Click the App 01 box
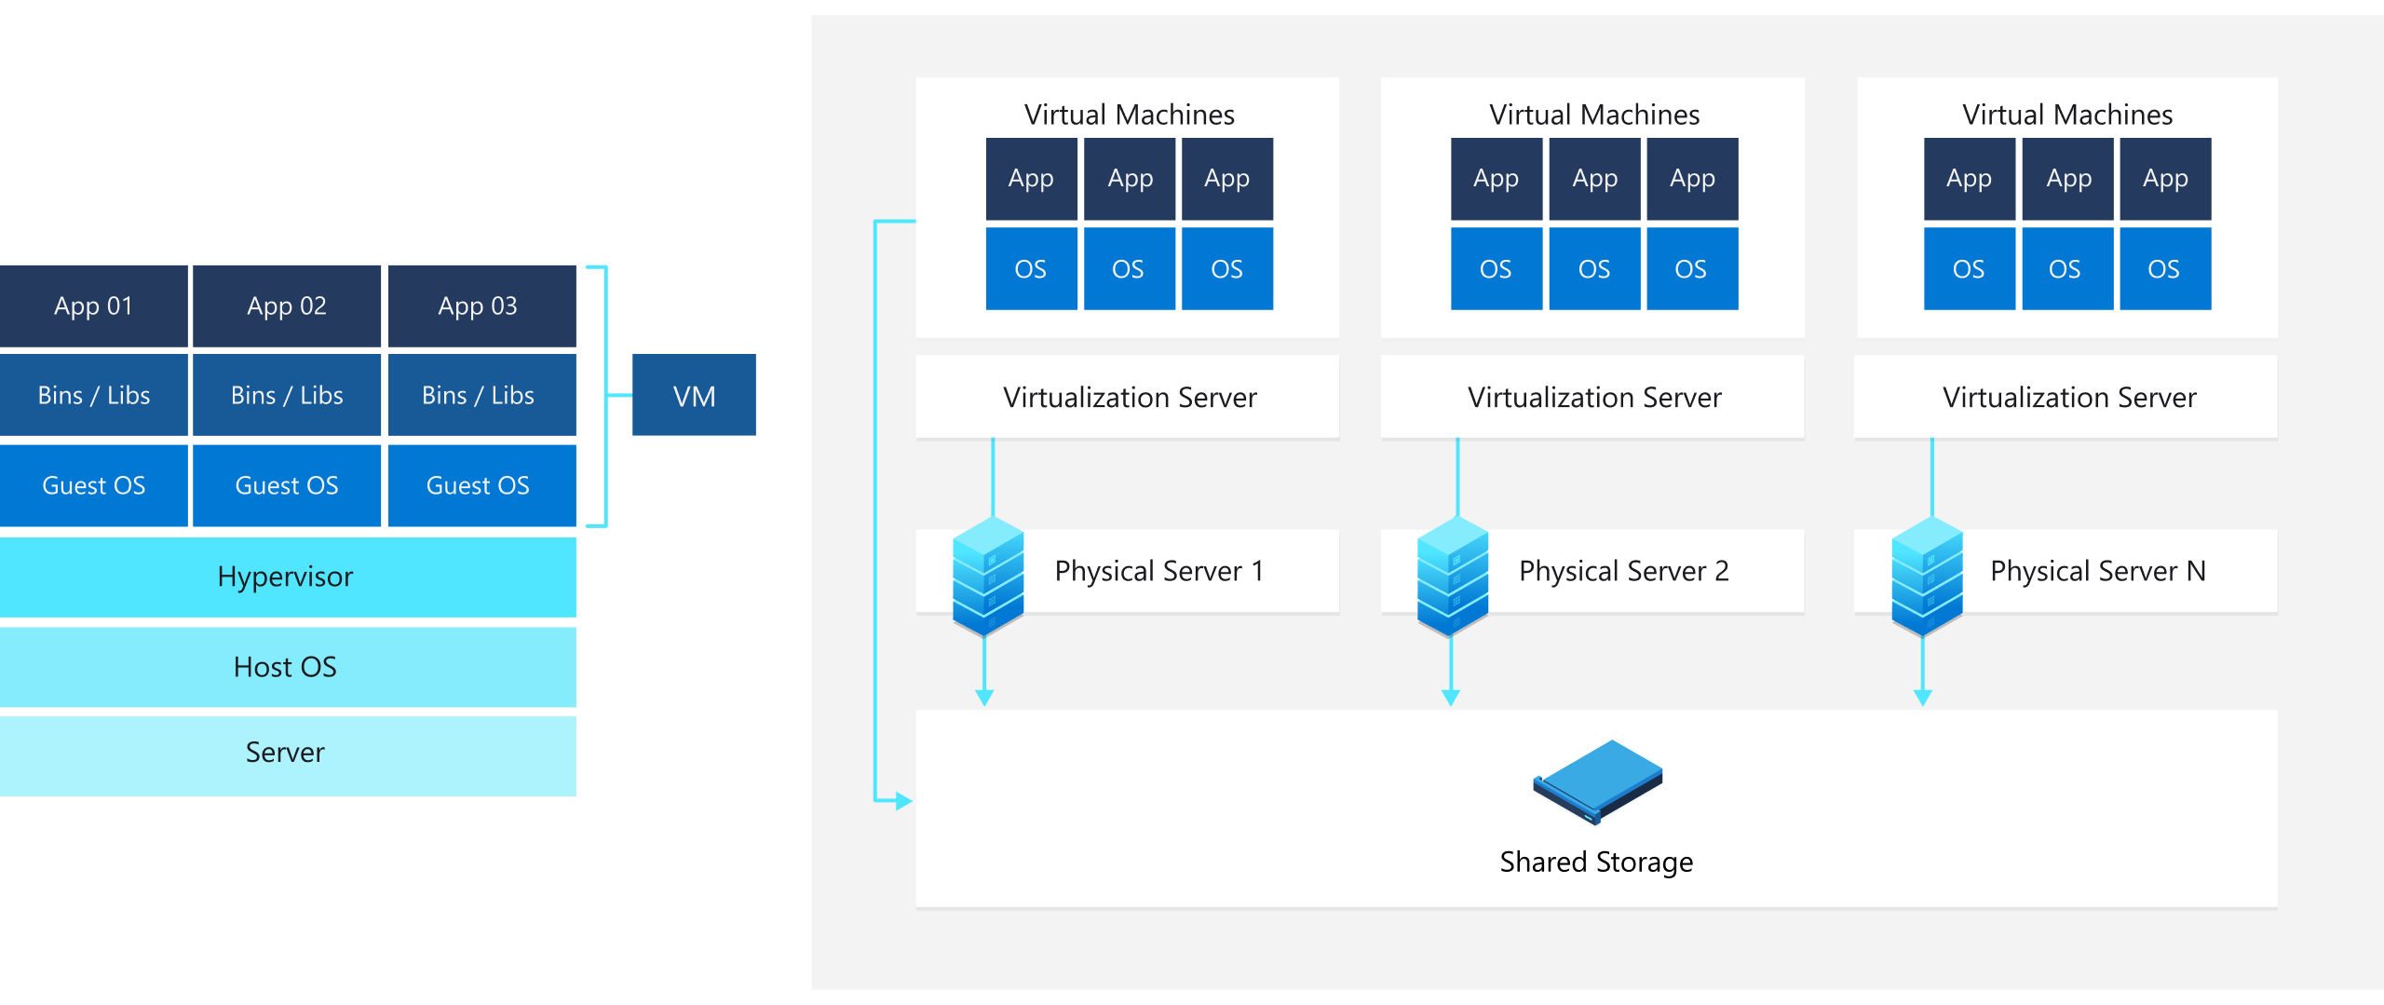[93, 306]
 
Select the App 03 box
[478, 306]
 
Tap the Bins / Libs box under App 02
[287, 395]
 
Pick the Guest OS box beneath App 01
[93, 485]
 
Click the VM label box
[694, 396]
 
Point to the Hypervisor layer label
[285, 577]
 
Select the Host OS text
[285, 667]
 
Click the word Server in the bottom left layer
[285, 752]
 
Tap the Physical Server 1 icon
[988, 576]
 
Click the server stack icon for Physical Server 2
[1452, 576]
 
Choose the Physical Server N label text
[2097, 571]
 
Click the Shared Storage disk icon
[1597, 781]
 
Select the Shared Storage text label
[1596, 862]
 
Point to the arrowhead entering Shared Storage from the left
[903, 800]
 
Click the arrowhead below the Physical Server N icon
[1923, 698]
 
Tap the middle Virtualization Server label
[1594, 398]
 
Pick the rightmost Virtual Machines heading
[2067, 115]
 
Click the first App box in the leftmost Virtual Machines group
[1031, 178]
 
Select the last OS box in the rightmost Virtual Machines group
[2164, 269]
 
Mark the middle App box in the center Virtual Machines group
[1594, 178]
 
